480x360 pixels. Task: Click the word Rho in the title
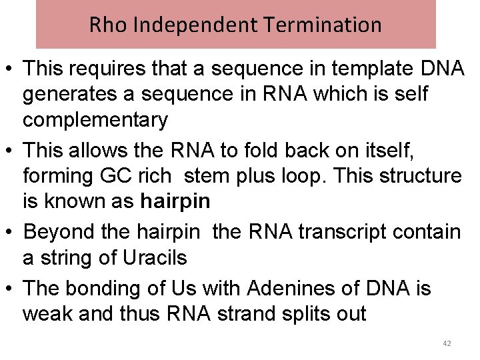tap(104, 25)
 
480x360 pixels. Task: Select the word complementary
tap(95, 120)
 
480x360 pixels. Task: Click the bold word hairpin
tap(175, 201)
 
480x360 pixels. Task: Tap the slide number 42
tap(447, 343)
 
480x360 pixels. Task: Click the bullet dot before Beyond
tap(10, 233)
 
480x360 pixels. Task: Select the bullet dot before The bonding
tap(10, 289)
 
